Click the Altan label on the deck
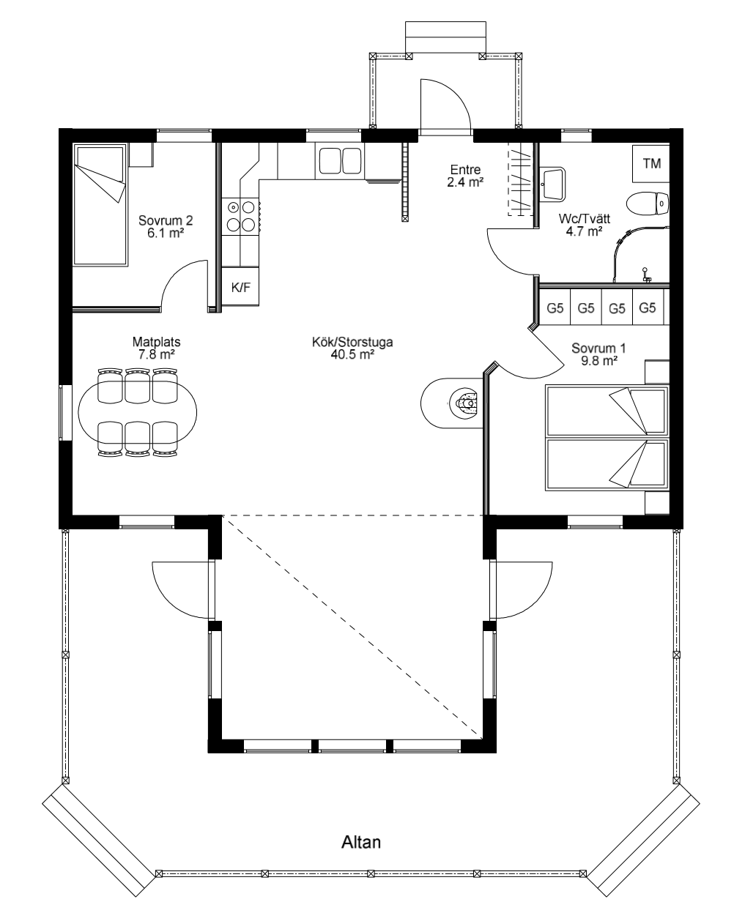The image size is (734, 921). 360,842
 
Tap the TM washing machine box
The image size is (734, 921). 651,163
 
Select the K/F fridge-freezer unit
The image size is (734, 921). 240,287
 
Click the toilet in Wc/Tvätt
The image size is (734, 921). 648,204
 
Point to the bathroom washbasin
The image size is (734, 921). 552,184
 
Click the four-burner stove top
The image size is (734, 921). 240,216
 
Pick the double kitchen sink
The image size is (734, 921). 340,161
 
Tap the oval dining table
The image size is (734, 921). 137,413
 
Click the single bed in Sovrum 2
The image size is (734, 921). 100,204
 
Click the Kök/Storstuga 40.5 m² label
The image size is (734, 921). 352,348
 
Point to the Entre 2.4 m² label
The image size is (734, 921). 465,176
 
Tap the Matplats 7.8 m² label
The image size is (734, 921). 156,348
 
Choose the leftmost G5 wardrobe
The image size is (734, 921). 555,307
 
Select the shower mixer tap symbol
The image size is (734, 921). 645,275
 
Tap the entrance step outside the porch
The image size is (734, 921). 445,37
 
